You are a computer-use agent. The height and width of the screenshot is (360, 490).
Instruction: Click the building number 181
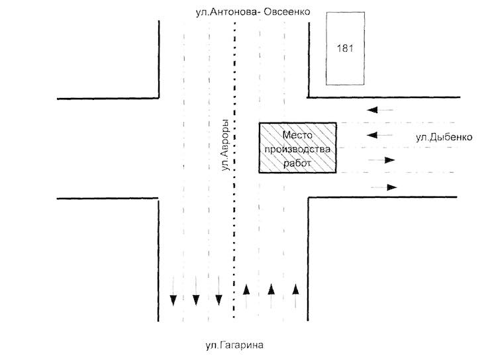(x=345, y=48)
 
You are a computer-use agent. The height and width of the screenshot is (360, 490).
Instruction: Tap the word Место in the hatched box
(x=297, y=135)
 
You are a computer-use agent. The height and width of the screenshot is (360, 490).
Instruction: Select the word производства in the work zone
(x=297, y=150)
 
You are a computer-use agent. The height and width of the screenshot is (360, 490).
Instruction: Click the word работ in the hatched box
(x=297, y=163)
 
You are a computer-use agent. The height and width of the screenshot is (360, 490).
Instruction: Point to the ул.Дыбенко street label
(x=444, y=137)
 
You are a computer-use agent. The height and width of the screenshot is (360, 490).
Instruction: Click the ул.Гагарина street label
(x=234, y=345)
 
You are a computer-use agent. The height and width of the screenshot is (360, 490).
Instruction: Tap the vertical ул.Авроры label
(x=225, y=145)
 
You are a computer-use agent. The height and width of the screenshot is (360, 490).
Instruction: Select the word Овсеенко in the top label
(x=287, y=12)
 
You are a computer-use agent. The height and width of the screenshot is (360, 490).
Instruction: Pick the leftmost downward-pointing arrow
(x=173, y=291)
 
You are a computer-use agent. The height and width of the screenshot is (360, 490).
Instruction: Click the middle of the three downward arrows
(x=196, y=291)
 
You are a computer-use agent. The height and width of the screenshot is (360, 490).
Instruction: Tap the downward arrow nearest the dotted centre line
(x=219, y=291)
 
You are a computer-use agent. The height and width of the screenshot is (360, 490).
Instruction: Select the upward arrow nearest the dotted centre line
(x=246, y=296)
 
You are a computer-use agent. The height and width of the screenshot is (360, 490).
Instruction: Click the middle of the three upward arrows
(x=271, y=296)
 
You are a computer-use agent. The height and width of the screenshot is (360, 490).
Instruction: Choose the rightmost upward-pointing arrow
(x=295, y=296)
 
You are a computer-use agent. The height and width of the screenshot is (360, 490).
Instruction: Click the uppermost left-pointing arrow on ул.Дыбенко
(x=380, y=110)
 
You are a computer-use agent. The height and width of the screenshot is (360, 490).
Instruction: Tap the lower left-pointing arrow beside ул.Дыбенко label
(x=379, y=135)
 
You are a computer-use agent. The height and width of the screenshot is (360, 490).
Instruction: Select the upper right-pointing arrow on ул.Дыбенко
(x=381, y=160)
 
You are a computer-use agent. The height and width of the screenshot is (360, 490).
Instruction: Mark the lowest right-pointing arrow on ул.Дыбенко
(x=384, y=187)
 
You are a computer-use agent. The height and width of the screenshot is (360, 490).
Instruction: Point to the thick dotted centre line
(x=234, y=170)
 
